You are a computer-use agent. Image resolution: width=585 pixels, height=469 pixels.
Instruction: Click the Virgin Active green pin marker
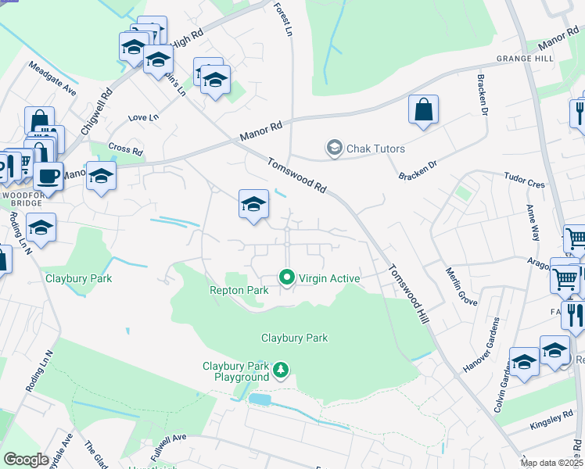(x=287, y=277)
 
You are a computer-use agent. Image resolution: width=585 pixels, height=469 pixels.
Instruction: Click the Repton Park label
(x=239, y=290)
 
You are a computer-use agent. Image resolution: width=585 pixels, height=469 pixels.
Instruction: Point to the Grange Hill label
(x=524, y=59)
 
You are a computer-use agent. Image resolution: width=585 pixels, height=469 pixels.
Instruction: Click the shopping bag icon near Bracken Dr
(x=423, y=111)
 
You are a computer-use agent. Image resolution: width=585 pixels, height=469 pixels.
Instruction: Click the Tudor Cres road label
(x=524, y=181)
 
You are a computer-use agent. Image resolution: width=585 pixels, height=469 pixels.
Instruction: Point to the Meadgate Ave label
(x=52, y=80)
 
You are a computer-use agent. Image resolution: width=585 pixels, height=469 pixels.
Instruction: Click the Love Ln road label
(x=142, y=117)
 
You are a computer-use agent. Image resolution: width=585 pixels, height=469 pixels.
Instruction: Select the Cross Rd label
(x=125, y=149)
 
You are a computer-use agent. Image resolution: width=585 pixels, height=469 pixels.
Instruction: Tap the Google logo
(x=26, y=460)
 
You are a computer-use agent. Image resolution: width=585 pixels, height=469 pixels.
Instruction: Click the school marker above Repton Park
(x=253, y=205)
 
